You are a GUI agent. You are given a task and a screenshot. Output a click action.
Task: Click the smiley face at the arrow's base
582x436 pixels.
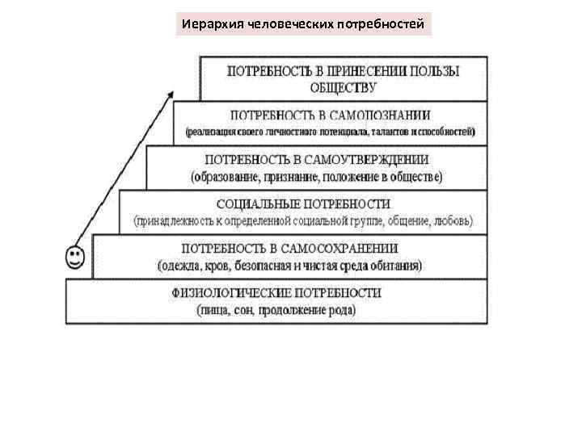point(74,257)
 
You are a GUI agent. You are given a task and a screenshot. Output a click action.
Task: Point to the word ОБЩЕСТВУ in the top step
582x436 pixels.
point(344,86)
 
